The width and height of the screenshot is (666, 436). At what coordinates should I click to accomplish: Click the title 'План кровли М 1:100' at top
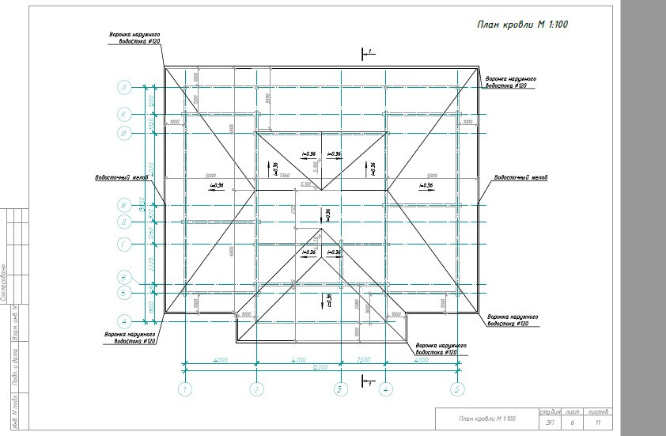522,25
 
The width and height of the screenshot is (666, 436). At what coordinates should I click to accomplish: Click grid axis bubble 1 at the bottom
184,389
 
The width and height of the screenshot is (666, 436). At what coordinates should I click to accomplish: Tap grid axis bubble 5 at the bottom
457,389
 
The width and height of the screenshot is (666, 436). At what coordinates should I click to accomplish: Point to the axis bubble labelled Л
124,87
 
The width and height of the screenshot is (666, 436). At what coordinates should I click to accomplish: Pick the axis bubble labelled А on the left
124,321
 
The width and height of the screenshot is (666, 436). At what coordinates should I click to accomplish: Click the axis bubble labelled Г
124,245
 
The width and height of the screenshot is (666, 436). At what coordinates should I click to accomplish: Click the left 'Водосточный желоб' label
122,177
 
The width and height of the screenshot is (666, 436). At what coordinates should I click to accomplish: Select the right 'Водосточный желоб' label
520,177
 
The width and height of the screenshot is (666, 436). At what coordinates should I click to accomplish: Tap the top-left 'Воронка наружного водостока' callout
135,39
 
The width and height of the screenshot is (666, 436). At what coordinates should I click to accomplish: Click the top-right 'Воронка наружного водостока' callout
511,82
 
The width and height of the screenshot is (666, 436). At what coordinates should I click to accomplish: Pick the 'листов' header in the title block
598,411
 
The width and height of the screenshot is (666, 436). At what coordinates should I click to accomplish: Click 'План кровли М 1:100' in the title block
487,419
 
